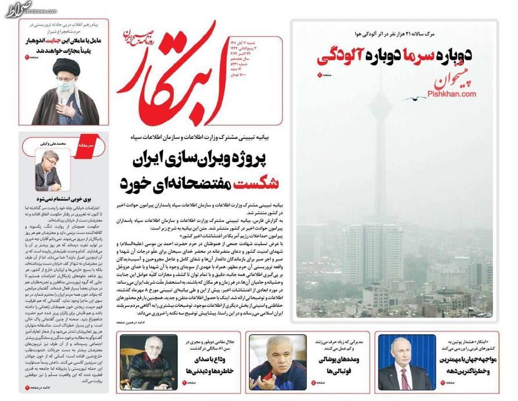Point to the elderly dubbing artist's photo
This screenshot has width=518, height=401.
pos(144,362)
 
